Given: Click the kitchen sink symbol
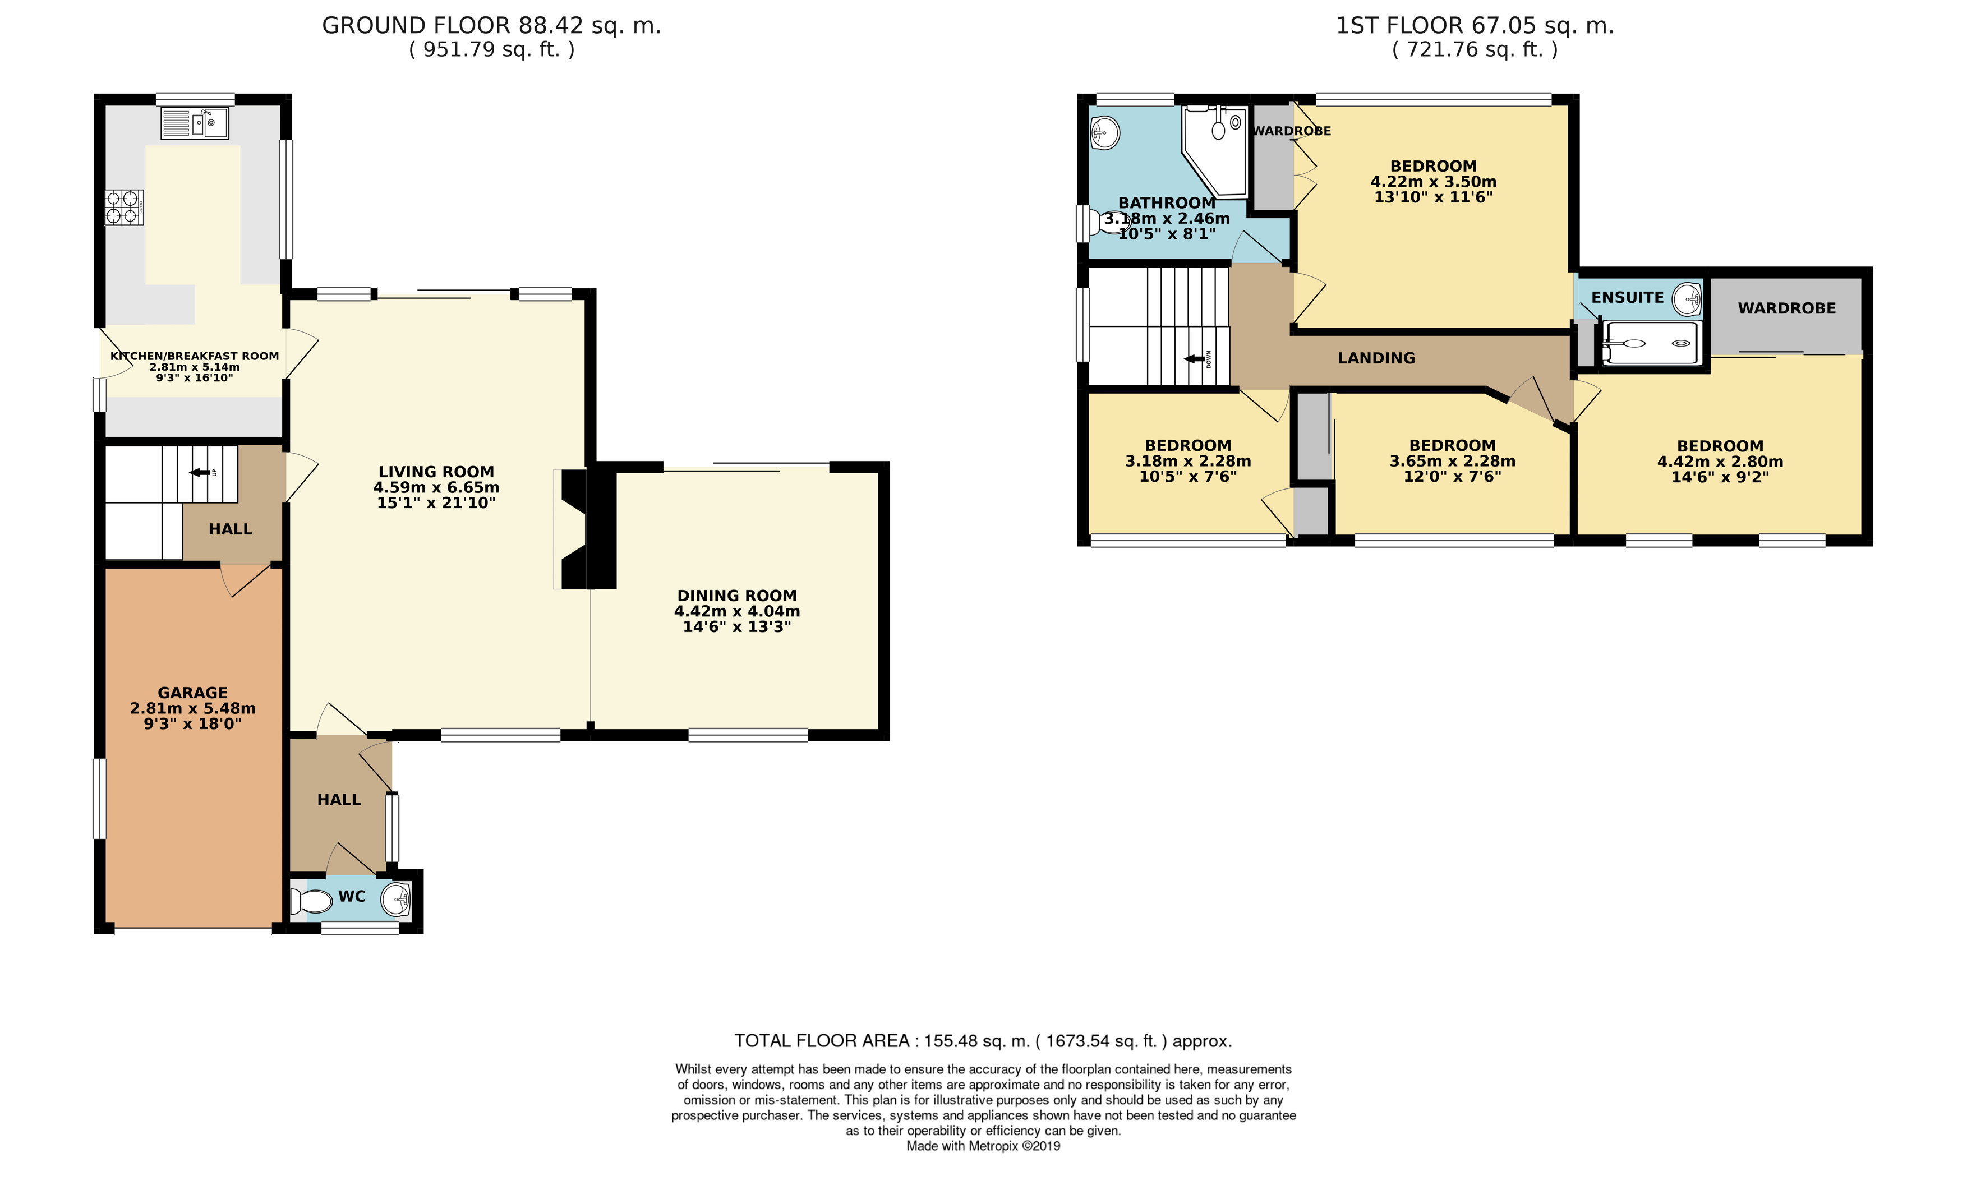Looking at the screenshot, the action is pyautogui.click(x=195, y=123).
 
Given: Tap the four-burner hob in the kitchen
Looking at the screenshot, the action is pyautogui.click(x=125, y=208).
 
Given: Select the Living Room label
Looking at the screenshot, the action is pyautogui.click(x=436, y=472).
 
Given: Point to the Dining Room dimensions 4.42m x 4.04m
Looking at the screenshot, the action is pyautogui.click(x=737, y=611).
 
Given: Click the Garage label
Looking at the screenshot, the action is pyautogui.click(x=192, y=693).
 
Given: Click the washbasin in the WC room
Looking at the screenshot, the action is pyautogui.click(x=396, y=900).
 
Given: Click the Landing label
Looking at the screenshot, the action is pyautogui.click(x=1376, y=358).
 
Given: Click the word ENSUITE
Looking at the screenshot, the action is pyautogui.click(x=1627, y=298).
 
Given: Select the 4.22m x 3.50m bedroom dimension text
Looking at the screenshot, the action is pyautogui.click(x=1434, y=182).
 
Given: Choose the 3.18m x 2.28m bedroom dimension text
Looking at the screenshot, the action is pyautogui.click(x=1188, y=461).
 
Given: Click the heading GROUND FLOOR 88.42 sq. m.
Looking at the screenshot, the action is pyautogui.click(x=492, y=26).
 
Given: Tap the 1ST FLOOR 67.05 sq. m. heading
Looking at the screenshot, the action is pyautogui.click(x=1475, y=26).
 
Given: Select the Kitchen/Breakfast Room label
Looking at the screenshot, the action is pyautogui.click(x=195, y=356).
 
